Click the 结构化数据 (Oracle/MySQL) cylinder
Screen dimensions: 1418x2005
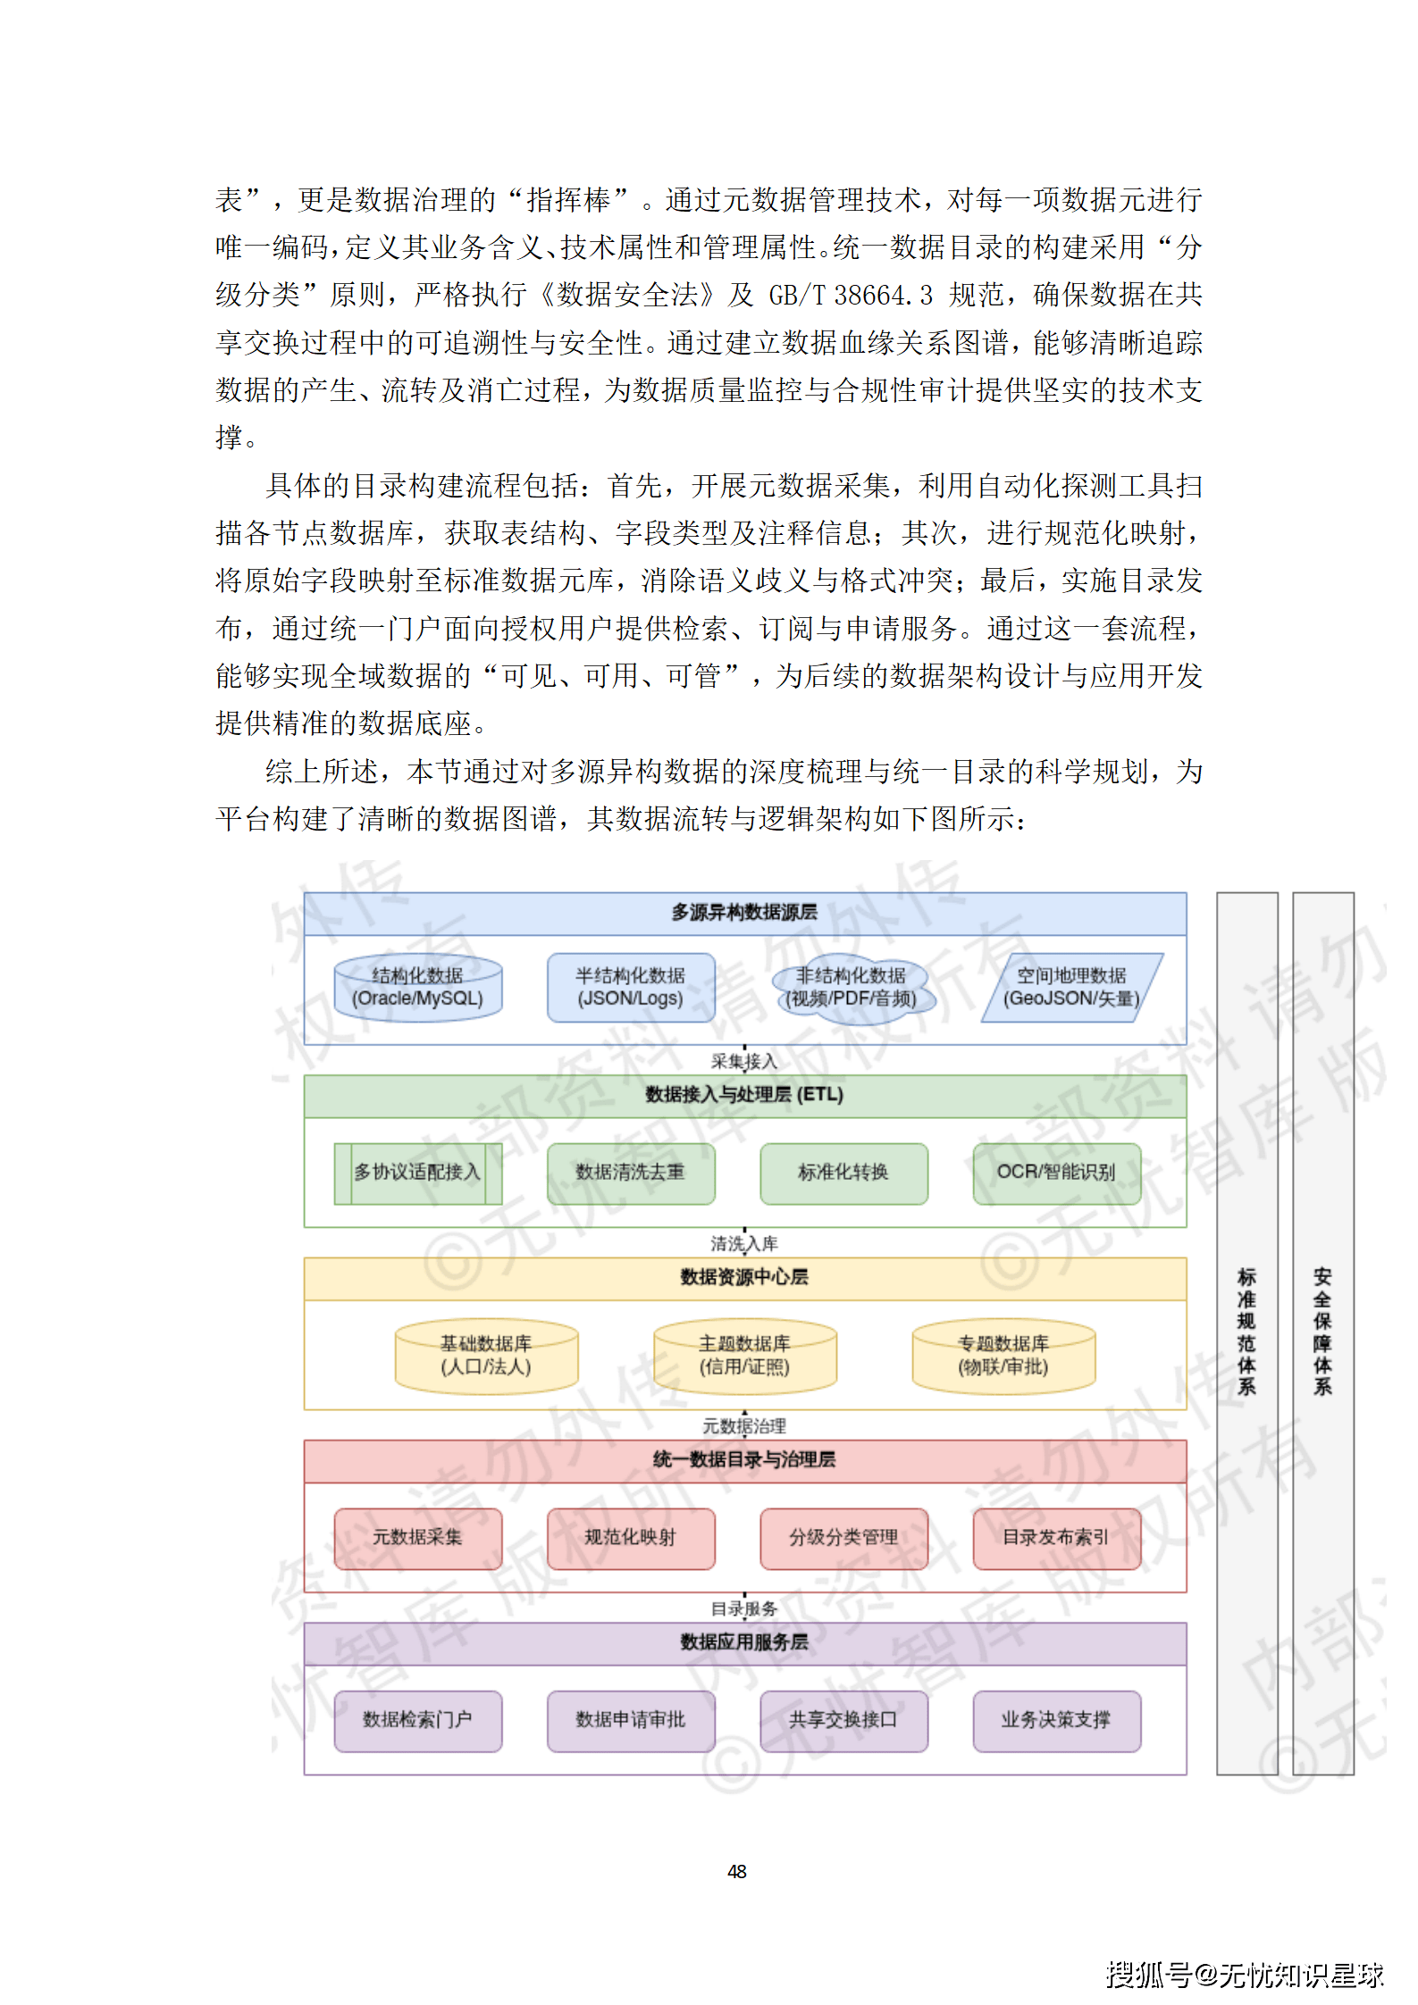[x=417, y=987]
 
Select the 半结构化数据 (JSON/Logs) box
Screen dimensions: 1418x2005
[x=630, y=987]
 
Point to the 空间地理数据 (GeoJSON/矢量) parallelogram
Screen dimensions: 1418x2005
[x=1070, y=987]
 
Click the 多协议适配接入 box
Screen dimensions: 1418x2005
[x=417, y=1173]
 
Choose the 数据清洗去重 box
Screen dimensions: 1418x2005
[x=630, y=1173]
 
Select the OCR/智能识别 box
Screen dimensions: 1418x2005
[x=1056, y=1173]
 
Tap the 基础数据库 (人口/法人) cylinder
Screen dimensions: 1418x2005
[x=486, y=1356]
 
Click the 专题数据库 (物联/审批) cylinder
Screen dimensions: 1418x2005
[x=1003, y=1356]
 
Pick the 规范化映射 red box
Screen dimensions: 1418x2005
[x=630, y=1538]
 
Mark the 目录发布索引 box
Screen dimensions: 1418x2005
[x=1056, y=1538]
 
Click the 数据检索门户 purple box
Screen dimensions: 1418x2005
[x=417, y=1720]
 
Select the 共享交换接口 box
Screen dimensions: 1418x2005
[x=843, y=1720]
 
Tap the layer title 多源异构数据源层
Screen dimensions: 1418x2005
[x=744, y=913]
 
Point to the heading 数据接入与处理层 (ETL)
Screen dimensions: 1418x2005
[x=744, y=1095]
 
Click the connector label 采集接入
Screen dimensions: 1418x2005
[x=744, y=1062]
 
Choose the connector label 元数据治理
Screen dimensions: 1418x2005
[x=744, y=1426]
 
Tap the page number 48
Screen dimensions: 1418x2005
[x=737, y=1872]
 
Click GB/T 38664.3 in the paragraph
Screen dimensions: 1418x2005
[x=850, y=295]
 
